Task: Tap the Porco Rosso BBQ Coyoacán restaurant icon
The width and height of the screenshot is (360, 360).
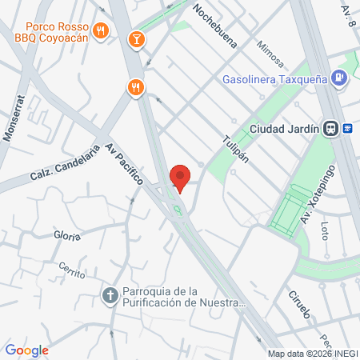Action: (x=100, y=31)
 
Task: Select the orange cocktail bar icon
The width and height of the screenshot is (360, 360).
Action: (x=136, y=38)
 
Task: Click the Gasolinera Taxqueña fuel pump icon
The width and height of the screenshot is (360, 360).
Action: (x=340, y=78)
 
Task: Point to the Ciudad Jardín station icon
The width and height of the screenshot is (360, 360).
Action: (x=350, y=127)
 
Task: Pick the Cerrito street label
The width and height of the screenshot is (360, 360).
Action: (x=71, y=271)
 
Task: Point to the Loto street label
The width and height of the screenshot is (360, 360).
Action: (x=324, y=232)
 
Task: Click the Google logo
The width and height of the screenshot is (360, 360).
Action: (x=26, y=350)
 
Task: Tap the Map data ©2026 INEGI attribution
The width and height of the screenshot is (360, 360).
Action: (x=313, y=353)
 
